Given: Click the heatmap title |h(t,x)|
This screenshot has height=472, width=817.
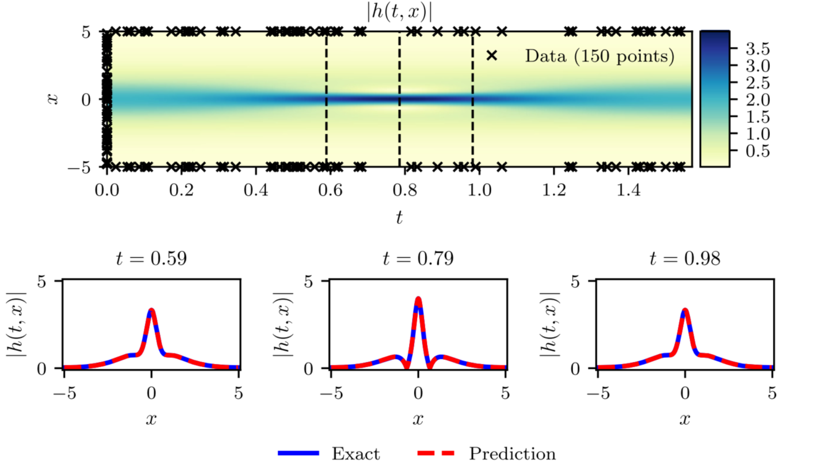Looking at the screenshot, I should pos(399,12).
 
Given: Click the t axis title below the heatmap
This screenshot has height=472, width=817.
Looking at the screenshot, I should pos(399,217).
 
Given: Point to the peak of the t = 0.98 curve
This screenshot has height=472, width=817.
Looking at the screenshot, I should pos(685,310).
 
